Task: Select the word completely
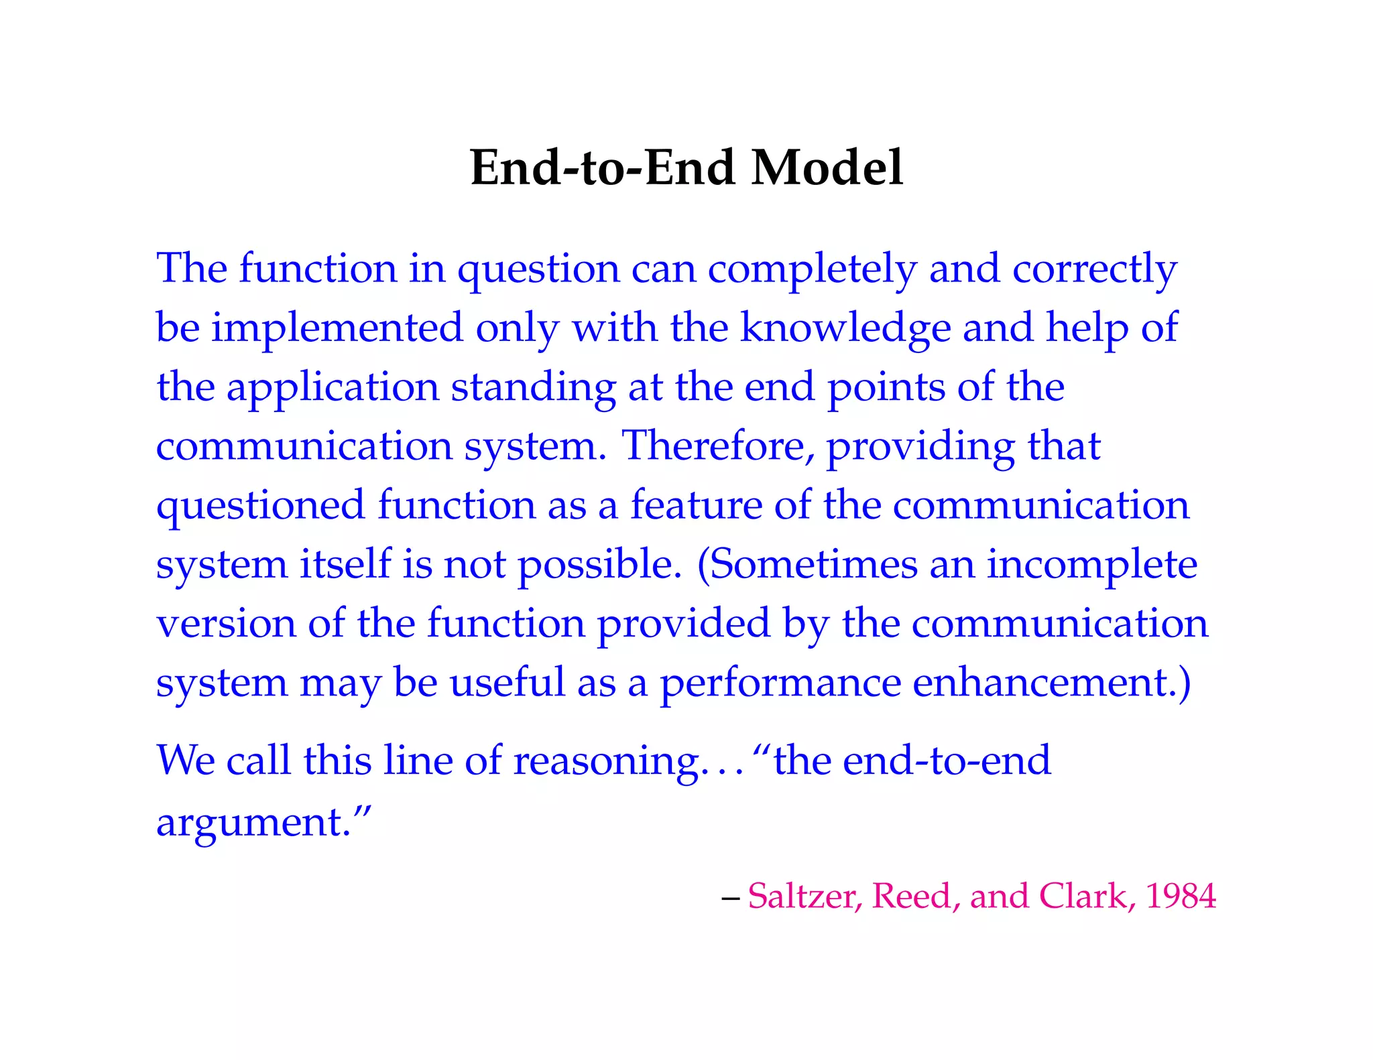point(812,269)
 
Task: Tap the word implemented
point(337,328)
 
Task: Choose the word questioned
point(260,506)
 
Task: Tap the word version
point(226,624)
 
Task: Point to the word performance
point(780,684)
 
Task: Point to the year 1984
point(1181,896)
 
